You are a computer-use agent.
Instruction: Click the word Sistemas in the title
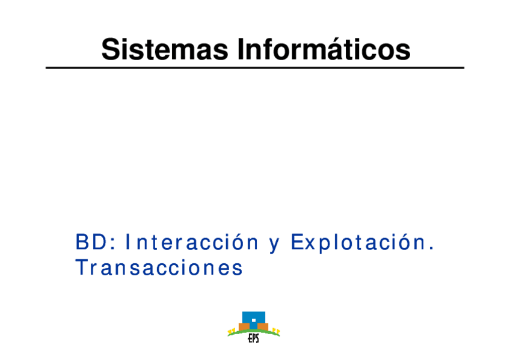(165, 49)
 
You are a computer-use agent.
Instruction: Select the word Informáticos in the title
(324, 49)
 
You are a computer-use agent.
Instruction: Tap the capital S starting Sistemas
(110, 49)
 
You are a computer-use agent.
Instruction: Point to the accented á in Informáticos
(336, 49)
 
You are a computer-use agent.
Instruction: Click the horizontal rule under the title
(255, 67)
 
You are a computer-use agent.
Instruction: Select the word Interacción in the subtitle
(192, 242)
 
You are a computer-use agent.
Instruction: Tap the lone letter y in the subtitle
(274, 246)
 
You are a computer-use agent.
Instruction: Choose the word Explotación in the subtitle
(358, 243)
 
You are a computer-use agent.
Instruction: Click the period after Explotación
(431, 249)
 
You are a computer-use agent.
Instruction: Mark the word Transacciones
(159, 267)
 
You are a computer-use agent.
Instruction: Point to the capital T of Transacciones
(81, 267)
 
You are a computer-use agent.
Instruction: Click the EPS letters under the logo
(253, 338)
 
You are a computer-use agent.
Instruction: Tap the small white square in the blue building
(254, 320)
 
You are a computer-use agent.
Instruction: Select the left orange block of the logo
(244, 327)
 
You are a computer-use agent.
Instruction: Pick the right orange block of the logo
(263, 327)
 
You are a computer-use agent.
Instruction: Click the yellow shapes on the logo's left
(232, 331)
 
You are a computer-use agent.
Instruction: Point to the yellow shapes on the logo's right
(276, 331)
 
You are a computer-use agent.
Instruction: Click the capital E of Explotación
(297, 242)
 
